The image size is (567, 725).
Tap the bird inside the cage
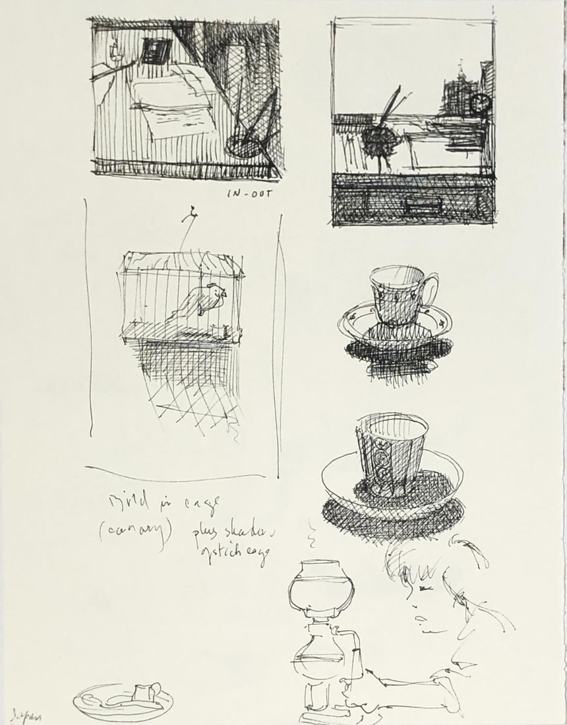[204, 303]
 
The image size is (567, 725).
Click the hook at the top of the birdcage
[191, 214]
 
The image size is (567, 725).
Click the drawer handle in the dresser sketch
[421, 206]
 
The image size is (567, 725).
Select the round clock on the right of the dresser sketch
[480, 102]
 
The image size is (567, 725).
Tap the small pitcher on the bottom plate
[143, 691]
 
